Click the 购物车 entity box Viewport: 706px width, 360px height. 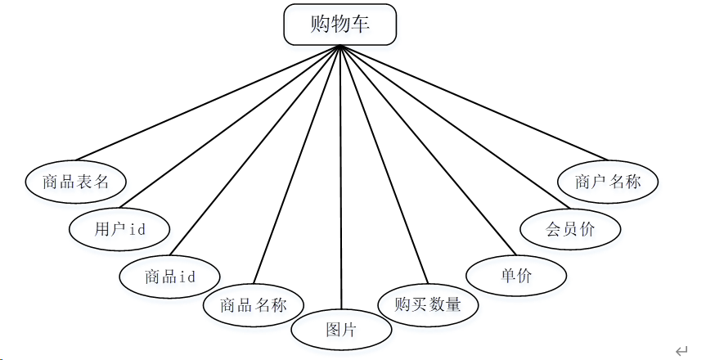(x=340, y=25)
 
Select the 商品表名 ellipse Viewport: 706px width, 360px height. (x=75, y=182)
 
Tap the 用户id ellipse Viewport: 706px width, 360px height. (x=119, y=229)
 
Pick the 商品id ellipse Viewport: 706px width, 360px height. (x=169, y=277)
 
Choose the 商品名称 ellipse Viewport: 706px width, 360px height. (x=254, y=305)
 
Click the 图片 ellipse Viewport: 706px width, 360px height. (x=341, y=330)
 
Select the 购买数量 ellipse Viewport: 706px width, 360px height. (x=428, y=304)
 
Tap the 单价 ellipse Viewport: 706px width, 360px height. (x=516, y=275)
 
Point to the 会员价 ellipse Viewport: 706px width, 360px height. (x=570, y=229)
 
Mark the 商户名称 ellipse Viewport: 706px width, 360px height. (x=608, y=182)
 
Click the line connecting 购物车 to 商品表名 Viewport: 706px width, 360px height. (x=208, y=103)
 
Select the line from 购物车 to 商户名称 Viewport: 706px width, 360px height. (x=474, y=103)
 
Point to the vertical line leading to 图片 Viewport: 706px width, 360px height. (x=341, y=177)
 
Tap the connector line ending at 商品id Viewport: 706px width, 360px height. (x=255, y=150)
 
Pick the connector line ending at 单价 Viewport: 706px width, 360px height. (x=428, y=150)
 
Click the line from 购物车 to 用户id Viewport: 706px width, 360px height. (x=230, y=127)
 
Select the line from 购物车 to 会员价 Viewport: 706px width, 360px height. (x=455, y=127)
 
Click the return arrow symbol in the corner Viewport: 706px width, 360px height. (x=681, y=351)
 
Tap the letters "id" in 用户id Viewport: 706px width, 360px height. (x=137, y=229)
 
